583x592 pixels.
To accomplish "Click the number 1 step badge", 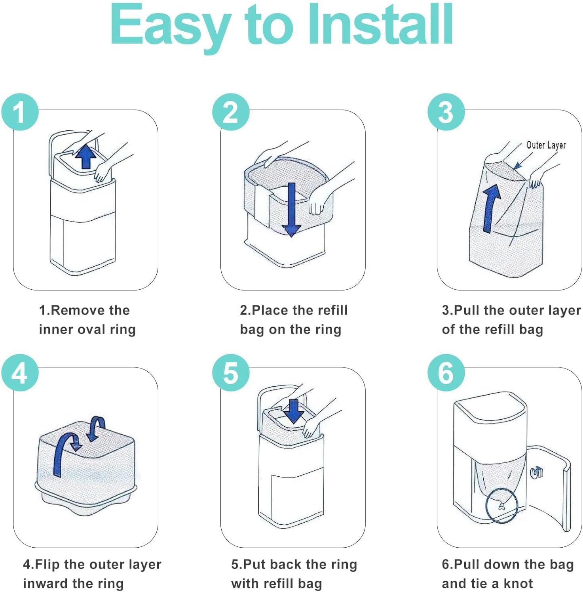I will (x=20, y=112).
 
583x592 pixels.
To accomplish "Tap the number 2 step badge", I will (x=231, y=112).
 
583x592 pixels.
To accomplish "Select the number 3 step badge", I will (x=446, y=112).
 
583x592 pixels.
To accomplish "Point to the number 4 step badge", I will (x=20, y=372).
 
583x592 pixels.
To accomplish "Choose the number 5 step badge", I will (x=231, y=372).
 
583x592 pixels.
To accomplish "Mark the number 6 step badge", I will (x=446, y=372).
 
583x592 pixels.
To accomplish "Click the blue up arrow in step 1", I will (x=86, y=157).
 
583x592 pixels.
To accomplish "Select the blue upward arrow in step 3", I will (x=491, y=208).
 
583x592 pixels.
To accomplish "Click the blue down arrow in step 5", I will (x=294, y=412).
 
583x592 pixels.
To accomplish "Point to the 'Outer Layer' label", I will (x=546, y=145).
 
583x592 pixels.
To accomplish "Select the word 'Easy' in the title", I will (x=170, y=26).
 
